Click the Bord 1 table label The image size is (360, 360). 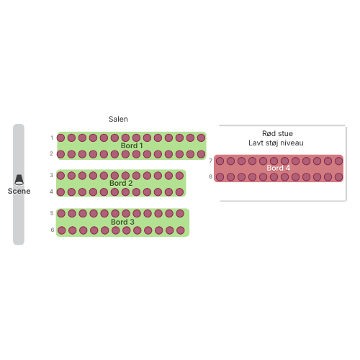point(132,145)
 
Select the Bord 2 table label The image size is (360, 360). point(121,183)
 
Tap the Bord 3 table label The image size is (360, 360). point(122,222)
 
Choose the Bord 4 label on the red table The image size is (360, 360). point(279,168)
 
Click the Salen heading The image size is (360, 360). point(118,119)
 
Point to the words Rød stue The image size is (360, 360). point(277,133)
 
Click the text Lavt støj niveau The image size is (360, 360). point(276,143)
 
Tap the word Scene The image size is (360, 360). point(19,191)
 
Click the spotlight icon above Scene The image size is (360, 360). point(19,180)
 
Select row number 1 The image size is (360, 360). point(52,138)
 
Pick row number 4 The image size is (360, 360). point(51,192)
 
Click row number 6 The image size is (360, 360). point(53,230)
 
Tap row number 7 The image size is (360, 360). point(211,161)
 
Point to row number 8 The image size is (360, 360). point(210,176)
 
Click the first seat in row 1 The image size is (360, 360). point(60,138)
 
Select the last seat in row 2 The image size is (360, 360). point(201,154)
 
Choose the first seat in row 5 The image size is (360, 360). point(61,213)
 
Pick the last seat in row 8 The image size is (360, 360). point(338,177)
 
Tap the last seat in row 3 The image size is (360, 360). point(179,176)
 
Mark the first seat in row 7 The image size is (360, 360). point(220,161)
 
